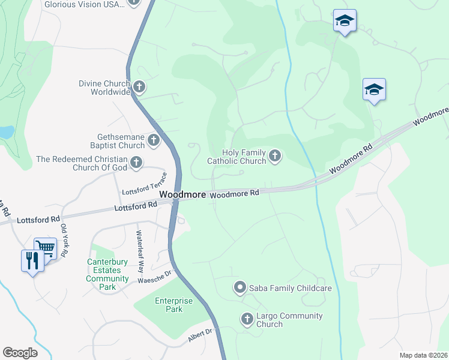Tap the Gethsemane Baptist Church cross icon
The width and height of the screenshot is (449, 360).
point(154,141)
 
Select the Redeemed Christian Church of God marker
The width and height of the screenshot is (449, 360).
point(137,162)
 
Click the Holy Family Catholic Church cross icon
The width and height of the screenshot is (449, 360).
point(275,156)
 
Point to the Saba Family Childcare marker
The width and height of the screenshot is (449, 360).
point(240,288)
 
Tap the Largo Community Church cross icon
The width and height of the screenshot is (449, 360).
point(247,319)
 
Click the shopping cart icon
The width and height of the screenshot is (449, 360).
point(45,247)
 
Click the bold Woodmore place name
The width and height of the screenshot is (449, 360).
point(183,194)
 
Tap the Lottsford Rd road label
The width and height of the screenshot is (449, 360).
point(135,206)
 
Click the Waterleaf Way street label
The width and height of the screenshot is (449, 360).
point(140,244)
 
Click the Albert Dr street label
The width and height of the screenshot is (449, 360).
point(200,335)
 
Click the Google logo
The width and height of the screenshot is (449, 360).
point(20,353)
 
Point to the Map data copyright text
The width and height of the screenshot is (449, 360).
point(423,355)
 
